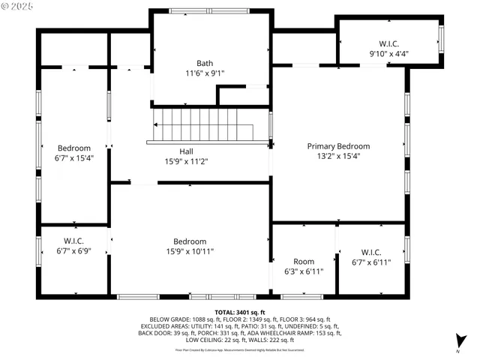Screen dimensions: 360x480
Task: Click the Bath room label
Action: click(x=205, y=63)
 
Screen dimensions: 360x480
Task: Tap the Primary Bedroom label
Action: click(x=338, y=146)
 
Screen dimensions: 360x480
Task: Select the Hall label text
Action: click(x=175, y=151)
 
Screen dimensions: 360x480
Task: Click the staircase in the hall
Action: click(x=211, y=124)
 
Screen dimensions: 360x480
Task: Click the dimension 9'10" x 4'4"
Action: click(x=389, y=54)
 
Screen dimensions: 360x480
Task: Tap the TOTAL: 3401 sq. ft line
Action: click(x=240, y=311)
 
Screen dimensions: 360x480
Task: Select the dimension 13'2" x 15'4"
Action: click(x=338, y=157)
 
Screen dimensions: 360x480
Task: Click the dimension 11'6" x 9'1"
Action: click(x=205, y=73)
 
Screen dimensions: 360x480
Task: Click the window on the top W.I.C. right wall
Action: click(x=442, y=38)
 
